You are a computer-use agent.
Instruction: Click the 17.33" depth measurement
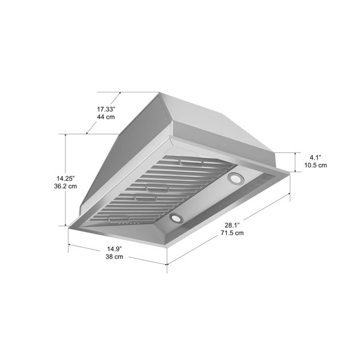[106, 109]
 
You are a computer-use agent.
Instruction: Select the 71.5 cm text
[231, 233]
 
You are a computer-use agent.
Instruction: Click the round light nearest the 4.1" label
[235, 178]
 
